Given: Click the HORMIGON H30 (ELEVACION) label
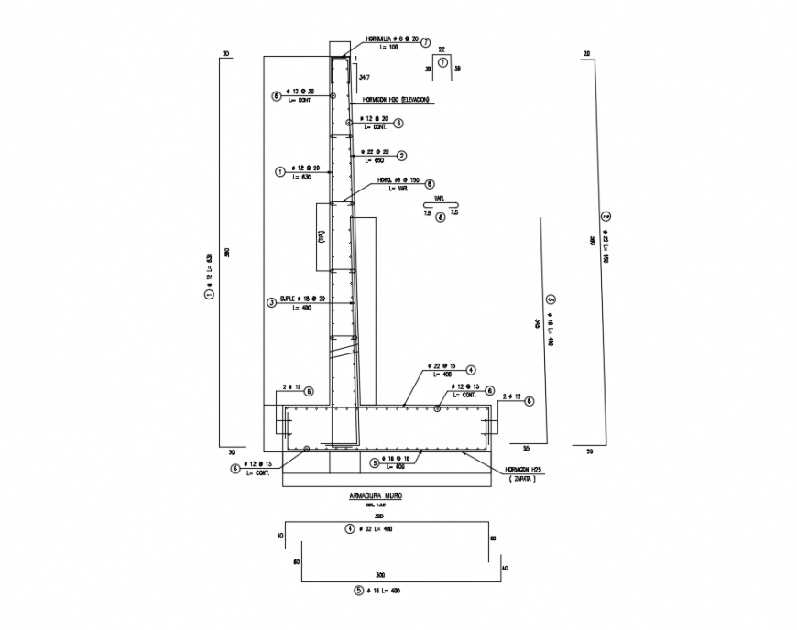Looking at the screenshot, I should (x=396, y=99).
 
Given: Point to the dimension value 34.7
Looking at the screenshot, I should (x=364, y=77).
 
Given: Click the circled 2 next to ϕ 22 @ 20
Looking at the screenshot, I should (x=401, y=156).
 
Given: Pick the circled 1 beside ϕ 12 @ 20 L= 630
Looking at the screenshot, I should (x=280, y=171).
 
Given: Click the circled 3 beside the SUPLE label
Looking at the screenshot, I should (x=271, y=302).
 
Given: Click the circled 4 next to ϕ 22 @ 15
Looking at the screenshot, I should (x=470, y=370).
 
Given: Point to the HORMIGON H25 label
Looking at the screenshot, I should (x=523, y=470).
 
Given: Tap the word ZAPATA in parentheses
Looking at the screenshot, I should (x=523, y=479).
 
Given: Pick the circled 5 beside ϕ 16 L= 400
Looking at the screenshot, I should (x=358, y=591).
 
